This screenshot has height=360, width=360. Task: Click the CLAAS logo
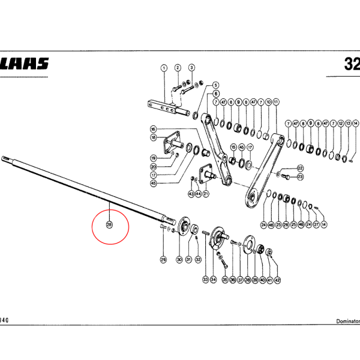(x=25, y=64)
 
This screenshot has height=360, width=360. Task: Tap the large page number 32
(x=352, y=64)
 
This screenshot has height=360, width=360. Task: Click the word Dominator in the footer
(x=346, y=322)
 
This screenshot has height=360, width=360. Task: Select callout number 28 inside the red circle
(x=109, y=225)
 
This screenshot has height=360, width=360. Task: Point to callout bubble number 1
(x=163, y=68)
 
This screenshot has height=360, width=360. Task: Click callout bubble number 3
(x=191, y=68)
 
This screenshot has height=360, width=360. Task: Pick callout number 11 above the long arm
(x=275, y=103)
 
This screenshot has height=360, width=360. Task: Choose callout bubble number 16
(x=153, y=130)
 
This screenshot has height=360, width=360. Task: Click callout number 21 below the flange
(x=205, y=194)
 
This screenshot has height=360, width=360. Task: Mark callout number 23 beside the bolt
(x=300, y=177)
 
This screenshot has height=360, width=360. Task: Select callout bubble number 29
(x=163, y=259)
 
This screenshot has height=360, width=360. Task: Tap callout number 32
(x=198, y=259)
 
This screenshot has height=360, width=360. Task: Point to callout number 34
(x=213, y=280)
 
